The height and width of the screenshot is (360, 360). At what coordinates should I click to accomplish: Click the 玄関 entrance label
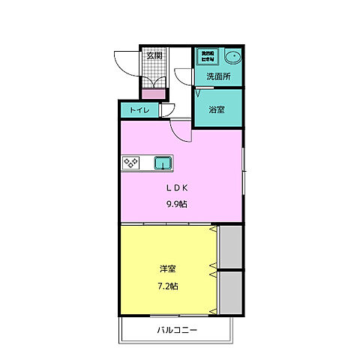(154, 55)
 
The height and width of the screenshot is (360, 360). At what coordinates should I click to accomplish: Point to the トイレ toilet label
(139, 110)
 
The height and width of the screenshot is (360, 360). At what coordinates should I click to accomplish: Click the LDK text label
(178, 189)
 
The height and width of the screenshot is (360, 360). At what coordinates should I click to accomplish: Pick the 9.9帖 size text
(178, 203)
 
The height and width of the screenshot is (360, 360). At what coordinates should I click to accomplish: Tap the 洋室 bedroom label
(168, 268)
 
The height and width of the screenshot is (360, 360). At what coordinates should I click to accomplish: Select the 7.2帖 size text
(168, 285)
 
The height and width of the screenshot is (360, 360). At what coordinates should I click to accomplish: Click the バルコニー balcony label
(177, 329)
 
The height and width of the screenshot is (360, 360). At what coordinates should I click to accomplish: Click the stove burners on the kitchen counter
(132, 162)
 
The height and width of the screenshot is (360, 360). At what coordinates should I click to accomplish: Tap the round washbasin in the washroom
(232, 56)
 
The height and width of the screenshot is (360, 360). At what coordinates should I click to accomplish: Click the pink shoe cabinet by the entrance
(154, 93)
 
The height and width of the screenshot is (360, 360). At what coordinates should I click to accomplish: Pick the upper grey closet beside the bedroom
(230, 246)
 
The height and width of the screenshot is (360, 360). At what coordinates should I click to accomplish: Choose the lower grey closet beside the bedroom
(230, 292)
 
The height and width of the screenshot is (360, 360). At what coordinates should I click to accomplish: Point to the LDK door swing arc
(181, 133)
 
